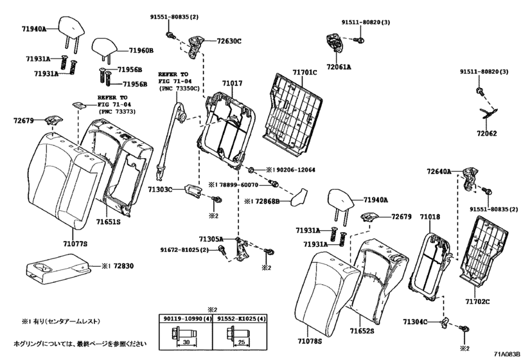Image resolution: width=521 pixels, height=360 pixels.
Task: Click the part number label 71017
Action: [233, 83]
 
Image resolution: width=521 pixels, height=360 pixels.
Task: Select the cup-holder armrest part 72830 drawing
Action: [58, 269]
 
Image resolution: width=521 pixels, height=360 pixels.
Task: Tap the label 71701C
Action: [305, 72]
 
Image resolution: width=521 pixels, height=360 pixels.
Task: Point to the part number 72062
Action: [487, 133]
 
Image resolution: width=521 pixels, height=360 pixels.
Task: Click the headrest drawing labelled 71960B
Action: [105, 48]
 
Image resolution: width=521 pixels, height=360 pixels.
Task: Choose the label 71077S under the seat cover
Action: [75, 244]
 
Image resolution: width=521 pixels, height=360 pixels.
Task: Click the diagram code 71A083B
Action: [506, 354]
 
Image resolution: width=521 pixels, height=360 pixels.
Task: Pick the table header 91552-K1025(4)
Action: [242, 318]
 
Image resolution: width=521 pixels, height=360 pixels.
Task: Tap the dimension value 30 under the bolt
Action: [186, 343]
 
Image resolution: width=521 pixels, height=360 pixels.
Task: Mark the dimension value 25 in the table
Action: [242, 343]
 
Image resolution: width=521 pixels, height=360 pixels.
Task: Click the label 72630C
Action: [229, 41]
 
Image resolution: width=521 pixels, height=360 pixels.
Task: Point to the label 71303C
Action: [160, 189]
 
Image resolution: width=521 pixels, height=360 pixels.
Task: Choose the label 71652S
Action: [362, 330]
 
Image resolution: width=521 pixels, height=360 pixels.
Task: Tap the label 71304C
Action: [415, 321]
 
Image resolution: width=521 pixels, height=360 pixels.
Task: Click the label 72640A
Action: [439, 172]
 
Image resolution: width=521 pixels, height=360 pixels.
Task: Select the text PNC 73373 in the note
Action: [117, 112]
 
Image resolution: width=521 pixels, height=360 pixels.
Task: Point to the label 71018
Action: [430, 217]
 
